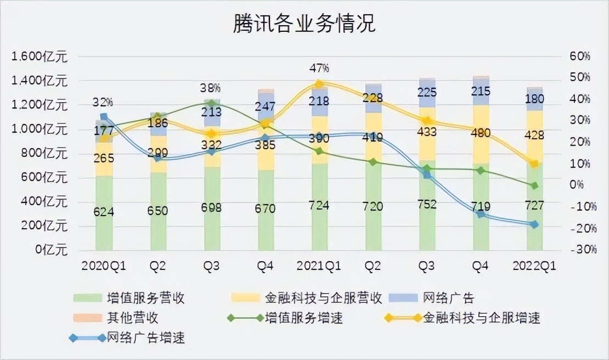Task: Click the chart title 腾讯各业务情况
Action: [304, 24]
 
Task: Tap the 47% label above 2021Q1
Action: [319, 68]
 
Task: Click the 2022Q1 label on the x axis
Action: [534, 266]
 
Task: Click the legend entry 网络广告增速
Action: [145, 337]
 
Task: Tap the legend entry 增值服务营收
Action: [145, 298]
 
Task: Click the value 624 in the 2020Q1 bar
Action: [104, 211]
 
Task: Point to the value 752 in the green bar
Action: [427, 204]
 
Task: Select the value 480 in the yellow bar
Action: [481, 133]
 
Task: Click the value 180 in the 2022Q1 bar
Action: [534, 99]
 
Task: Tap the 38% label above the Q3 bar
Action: [210, 88]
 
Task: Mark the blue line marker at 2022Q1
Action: [534, 224]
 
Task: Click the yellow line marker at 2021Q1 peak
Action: [319, 84]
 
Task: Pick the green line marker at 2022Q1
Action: [534, 185]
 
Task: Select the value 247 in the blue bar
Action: [265, 106]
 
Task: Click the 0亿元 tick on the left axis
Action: [50, 250]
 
